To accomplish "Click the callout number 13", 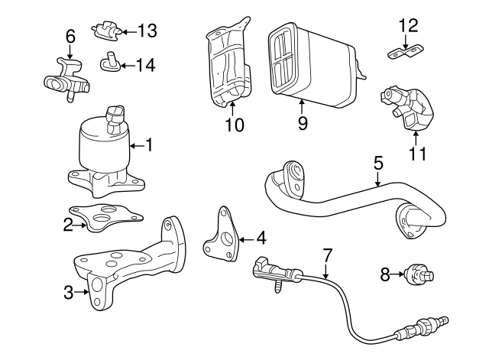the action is point(147,31).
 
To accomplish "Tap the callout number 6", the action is point(70,37).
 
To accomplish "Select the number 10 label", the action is point(235,125).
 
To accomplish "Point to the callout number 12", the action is point(409,25).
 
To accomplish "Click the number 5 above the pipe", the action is point(378,164).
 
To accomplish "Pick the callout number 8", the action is point(385,275).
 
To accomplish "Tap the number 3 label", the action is point(68,293).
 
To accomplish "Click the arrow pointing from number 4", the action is point(247,239).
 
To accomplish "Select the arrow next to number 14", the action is point(128,66).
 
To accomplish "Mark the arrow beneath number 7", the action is point(325,271).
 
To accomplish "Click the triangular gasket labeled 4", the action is point(222,235).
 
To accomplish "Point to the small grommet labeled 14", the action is point(110,63).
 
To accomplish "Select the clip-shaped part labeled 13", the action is point(106,31).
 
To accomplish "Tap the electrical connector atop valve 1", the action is point(115,119).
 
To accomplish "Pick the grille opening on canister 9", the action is point(284,60).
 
